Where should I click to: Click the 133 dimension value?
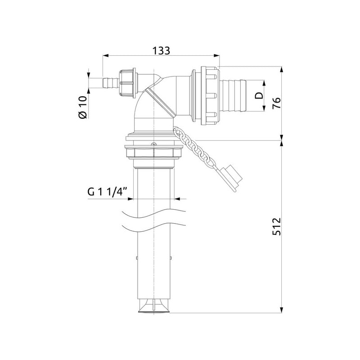161,51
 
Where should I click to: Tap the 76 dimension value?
276,103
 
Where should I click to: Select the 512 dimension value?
277,226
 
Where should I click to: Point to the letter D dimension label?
259,95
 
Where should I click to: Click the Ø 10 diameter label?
83,107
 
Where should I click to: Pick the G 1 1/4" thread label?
107,192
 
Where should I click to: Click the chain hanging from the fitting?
194,147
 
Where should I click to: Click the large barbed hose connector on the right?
233,95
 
